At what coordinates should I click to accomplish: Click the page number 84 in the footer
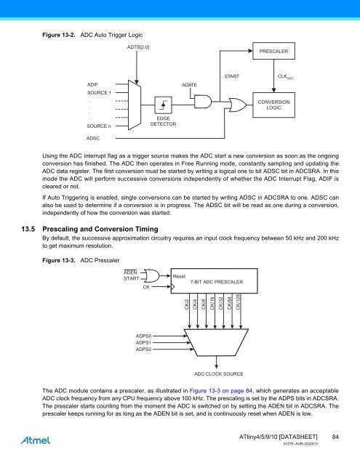click(x=336, y=436)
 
